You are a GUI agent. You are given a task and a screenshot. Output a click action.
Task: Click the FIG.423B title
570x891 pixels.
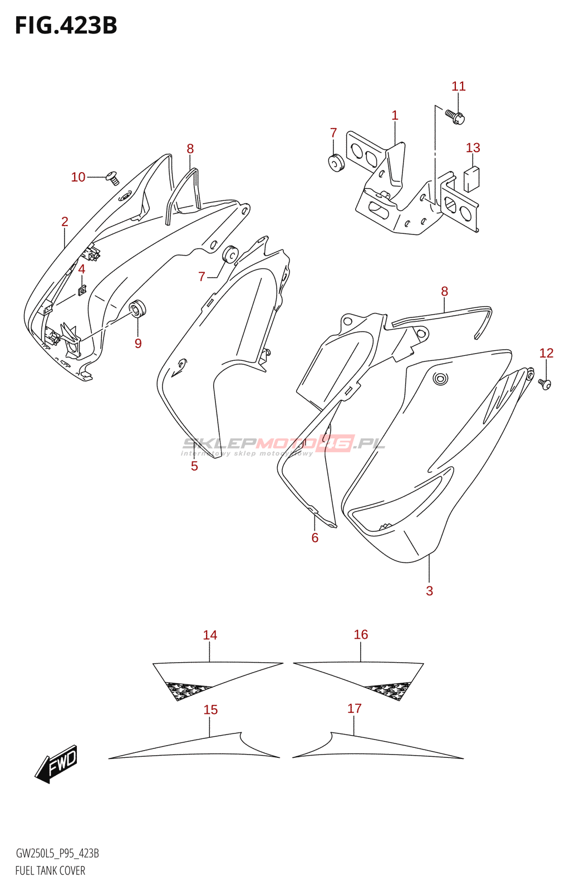(x=66, y=26)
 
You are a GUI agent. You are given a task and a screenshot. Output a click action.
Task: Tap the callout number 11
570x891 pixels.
(x=458, y=86)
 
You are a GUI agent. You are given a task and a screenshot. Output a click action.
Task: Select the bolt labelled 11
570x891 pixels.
(x=455, y=116)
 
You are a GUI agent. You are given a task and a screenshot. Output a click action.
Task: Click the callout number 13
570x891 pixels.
(x=473, y=148)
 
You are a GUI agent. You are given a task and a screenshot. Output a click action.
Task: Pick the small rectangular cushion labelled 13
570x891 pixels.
(x=471, y=179)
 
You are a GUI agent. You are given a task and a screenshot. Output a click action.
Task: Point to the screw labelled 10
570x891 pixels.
(x=113, y=178)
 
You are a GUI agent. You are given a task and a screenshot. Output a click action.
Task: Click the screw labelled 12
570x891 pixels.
(x=545, y=384)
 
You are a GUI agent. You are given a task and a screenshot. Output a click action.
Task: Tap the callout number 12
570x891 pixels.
(x=546, y=353)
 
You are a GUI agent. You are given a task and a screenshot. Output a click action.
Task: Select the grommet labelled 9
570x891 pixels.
(x=137, y=307)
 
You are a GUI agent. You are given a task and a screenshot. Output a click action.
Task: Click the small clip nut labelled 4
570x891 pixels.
(x=82, y=290)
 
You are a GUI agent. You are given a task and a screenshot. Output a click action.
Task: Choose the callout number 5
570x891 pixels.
(x=194, y=466)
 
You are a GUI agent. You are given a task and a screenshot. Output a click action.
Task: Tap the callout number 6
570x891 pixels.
(x=315, y=537)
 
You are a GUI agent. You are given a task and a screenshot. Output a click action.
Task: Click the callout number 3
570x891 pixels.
(x=429, y=591)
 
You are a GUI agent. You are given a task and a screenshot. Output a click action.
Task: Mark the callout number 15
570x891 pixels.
(x=210, y=710)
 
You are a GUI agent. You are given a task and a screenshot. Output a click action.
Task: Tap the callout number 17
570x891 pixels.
(x=355, y=708)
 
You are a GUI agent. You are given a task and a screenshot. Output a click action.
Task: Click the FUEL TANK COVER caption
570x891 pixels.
(x=50, y=870)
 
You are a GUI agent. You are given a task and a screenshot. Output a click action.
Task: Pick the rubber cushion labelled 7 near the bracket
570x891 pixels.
(x=335, y=162)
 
